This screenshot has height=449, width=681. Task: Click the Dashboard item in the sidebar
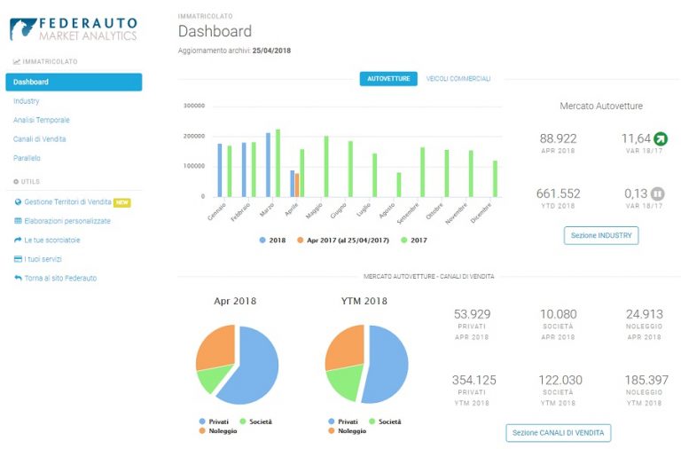[x=74, y=83]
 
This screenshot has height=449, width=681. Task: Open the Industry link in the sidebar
[x=26, y=101]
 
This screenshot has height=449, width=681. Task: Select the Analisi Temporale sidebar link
[x=42, y=120]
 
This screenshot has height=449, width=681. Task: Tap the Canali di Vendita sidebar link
[x=40, y=139]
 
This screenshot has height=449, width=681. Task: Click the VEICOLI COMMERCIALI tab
[x=458, y=79]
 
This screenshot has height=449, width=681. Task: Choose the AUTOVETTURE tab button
[x=388, y=79]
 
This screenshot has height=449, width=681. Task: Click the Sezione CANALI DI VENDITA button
[x=558, y=433]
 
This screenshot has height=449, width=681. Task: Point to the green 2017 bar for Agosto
[x=399, y=185]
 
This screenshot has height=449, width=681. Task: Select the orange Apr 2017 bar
[x=297, y=185]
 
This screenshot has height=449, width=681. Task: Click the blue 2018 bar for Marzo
[x=268, y=165]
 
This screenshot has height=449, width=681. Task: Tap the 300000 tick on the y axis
[x=193, y=106]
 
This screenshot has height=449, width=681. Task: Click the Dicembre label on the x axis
[x=481, y=213]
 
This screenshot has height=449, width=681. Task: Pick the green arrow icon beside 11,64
[x=661, y=138]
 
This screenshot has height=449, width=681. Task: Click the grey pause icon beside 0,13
[x=658, y=193]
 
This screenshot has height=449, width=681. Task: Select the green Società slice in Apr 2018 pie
[x=213, y=378]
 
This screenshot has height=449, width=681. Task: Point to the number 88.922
[x=558, y=138]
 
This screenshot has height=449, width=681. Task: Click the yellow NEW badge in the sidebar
[x=122, y=202]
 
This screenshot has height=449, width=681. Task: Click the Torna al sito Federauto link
[x=60, y=278]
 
